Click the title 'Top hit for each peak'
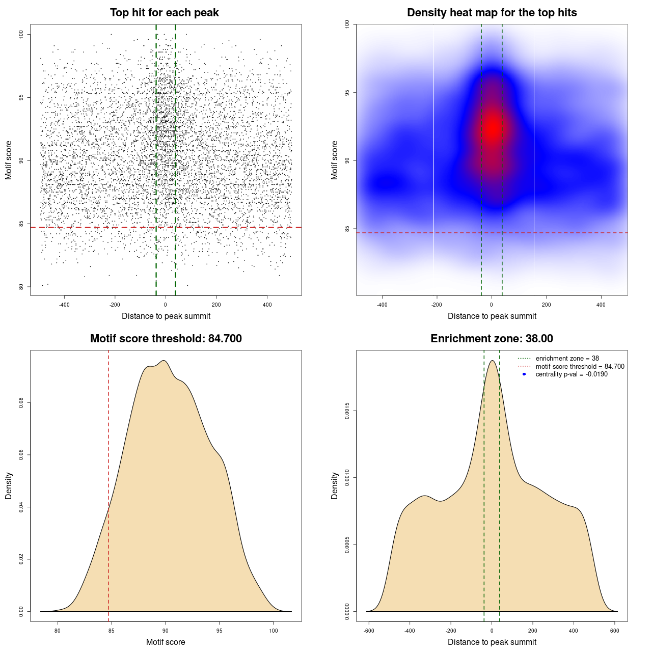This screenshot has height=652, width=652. click(165, 13)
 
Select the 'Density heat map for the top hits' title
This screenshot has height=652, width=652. click(492, 13)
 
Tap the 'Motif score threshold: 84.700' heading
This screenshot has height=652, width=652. click(166, 339)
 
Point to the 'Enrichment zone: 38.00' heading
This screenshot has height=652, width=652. click(492, 339)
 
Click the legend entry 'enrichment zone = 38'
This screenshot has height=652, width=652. click(567, 359)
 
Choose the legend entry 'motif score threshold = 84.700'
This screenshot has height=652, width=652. click(580, 367)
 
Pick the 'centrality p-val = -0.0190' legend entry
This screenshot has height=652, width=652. click(572, 374)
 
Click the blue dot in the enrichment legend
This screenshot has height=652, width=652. click(524, 374)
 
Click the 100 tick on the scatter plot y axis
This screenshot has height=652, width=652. click(21, 34)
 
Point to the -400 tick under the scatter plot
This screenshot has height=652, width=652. click(64, 305)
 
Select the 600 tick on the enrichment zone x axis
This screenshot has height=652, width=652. click(614, 631)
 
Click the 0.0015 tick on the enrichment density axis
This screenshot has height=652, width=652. click(347, 411)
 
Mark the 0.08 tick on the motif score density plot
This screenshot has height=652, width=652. click(21, 403)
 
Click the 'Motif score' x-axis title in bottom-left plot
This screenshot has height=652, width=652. click(166, 642)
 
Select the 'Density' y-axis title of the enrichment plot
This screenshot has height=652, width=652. click(335, 485)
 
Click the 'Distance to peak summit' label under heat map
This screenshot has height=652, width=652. click(492, 316)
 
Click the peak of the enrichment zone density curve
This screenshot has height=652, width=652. click(492, 361)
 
